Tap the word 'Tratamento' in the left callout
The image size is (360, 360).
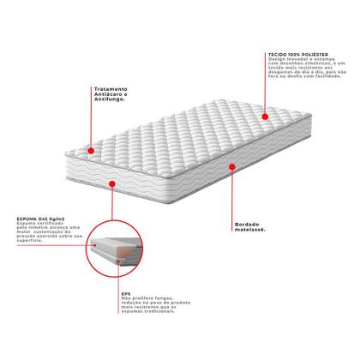click(107, 87)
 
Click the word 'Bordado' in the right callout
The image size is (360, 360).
click(247, 225)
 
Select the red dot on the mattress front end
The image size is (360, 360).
click(113, 183)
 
